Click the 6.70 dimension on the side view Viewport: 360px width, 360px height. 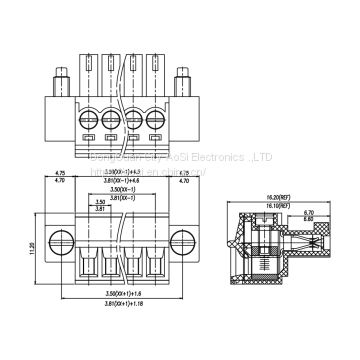tap(338, 212)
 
